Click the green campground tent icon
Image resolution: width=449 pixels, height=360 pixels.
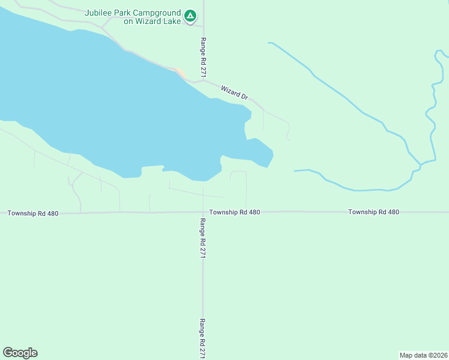190,16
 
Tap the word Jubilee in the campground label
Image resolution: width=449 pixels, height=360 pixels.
100,12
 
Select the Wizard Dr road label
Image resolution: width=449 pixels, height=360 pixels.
234,92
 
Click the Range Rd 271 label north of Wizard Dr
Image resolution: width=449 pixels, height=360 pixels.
203,57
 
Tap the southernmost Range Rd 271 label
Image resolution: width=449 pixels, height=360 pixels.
203,338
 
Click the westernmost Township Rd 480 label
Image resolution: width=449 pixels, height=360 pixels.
33,213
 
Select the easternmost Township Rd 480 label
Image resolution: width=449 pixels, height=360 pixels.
373,212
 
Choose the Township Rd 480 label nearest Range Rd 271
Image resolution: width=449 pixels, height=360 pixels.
235,212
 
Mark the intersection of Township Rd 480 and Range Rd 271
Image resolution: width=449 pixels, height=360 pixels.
203,212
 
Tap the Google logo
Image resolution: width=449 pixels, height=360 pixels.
20,353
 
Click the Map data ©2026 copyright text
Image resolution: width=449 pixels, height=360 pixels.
424,355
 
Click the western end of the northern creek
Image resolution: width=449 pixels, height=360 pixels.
270,43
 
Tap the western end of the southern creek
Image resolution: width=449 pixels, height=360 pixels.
295,171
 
